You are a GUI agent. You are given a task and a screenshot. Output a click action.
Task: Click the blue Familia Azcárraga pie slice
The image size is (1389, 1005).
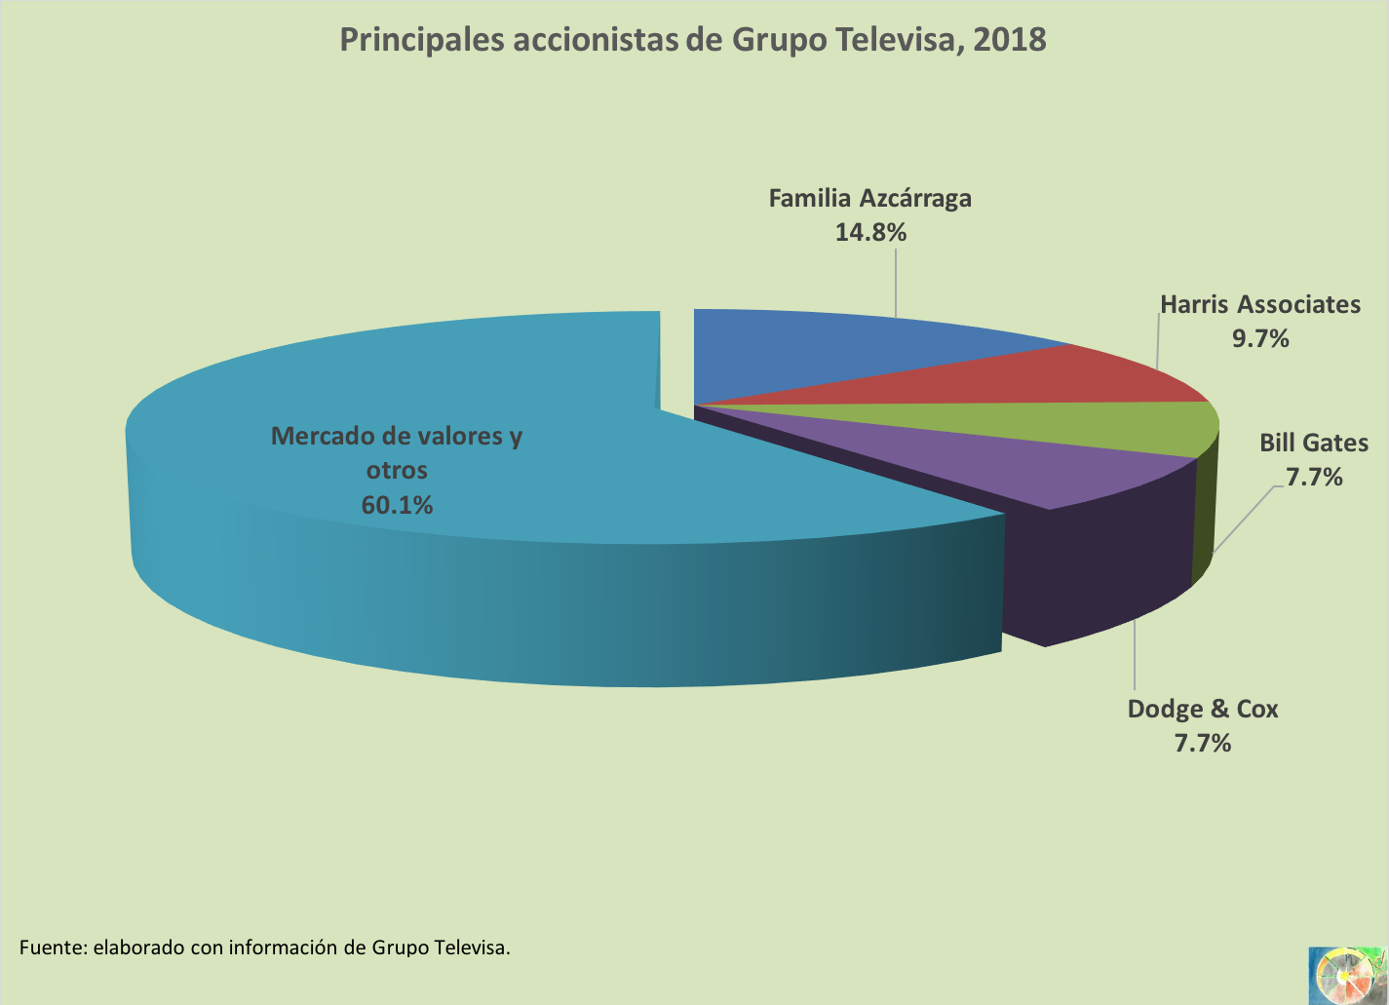(x=829, y=351)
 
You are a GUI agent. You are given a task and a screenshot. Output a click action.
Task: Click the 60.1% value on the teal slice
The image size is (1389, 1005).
(x=397, y=505)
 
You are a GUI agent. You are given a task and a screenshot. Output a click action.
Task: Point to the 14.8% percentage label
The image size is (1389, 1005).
(x=870, y=232)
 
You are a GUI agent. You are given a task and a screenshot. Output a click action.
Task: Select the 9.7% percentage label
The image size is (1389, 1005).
(x=1260, y=338)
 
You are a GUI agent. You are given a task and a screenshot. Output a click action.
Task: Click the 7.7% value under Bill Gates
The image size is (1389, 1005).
(x=1314, y=477)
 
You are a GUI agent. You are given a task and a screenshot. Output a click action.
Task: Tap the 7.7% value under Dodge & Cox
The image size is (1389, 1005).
(x=1202, y=743)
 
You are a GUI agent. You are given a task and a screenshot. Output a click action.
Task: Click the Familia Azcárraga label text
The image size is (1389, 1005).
(x=869, y=198)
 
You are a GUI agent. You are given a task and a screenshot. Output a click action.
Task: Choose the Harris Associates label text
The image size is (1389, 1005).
(x=1259, y=304)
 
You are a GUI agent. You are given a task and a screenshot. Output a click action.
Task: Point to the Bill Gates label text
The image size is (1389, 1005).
(x=1314, y=443)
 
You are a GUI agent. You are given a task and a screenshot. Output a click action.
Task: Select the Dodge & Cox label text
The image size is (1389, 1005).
(x=1202, y=709)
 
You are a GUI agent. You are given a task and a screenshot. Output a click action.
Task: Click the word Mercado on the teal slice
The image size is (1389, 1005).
(x=320, y=436)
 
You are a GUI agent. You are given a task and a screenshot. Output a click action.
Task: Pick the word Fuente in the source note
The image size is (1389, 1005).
(x=51, y=947)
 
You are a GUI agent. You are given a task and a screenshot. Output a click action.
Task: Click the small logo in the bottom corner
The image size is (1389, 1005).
(x=1347, y=974)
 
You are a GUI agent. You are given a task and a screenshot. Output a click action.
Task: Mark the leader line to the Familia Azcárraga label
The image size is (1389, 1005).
(x=895, y=283)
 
